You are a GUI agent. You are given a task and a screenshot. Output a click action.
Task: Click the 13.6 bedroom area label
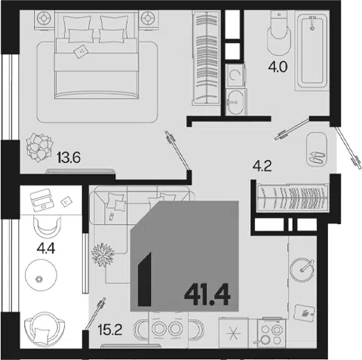[x=69, y=158]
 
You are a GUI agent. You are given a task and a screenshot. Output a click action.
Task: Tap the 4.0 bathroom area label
[x=278, y=67]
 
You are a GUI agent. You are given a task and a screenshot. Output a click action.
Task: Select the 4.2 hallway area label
[x=262, y=166]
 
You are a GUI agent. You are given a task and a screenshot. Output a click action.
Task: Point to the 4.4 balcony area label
[x=45, y=248]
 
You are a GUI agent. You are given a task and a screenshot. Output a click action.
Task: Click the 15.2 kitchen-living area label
[x=110, y=330]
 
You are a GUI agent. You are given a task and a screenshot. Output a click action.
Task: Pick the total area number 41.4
[x=207, y=294]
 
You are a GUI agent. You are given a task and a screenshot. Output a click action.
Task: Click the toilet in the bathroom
[x=279, y=32]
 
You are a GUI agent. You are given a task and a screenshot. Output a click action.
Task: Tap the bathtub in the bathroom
[x=312, y=51]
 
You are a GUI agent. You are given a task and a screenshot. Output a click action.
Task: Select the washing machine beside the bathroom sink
[x=235, y=75]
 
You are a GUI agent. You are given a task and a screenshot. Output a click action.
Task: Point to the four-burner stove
[x=271, y=334]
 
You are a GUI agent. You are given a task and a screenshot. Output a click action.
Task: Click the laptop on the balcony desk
[x=41, y=200]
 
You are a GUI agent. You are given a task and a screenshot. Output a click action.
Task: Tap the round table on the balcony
[x=41, y=275]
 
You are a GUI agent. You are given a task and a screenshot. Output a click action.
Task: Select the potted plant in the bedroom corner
[x=39, y=148]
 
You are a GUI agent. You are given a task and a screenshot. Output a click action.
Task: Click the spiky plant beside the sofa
[x=103, y=254]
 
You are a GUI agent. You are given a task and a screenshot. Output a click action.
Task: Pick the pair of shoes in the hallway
[x=318, y=157]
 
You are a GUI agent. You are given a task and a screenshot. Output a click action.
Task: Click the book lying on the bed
[x=81, y=51]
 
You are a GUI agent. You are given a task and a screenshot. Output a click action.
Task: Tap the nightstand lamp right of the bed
[x=149, y=19]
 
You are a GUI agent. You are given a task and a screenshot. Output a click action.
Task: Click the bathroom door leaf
[x=292, y=128]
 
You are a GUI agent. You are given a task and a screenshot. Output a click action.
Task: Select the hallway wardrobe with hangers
[x=292, y=198]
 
